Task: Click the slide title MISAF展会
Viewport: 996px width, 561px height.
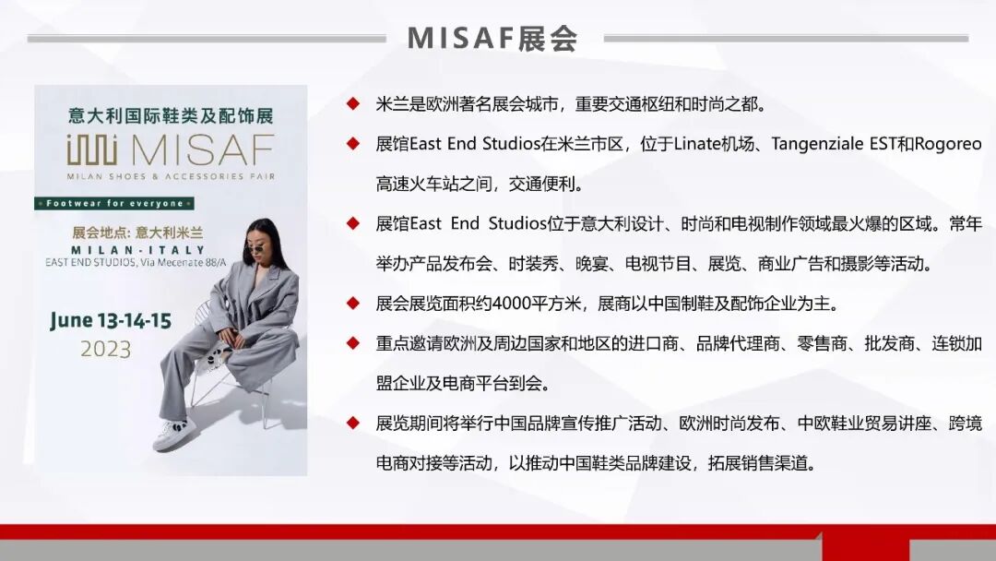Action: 492,38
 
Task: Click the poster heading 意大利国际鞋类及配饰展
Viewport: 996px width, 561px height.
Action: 171,117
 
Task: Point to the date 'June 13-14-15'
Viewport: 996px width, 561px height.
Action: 111,321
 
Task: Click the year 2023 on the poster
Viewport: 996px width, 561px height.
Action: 105,350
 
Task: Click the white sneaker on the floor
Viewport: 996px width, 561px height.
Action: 176,434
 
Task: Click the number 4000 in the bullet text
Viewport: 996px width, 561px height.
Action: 509,303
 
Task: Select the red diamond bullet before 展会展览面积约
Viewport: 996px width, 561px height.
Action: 352,303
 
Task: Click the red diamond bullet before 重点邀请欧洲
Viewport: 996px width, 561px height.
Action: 352,343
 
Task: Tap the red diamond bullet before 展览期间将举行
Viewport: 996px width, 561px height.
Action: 352,423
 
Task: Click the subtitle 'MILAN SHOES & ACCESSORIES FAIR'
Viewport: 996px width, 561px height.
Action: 171,175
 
